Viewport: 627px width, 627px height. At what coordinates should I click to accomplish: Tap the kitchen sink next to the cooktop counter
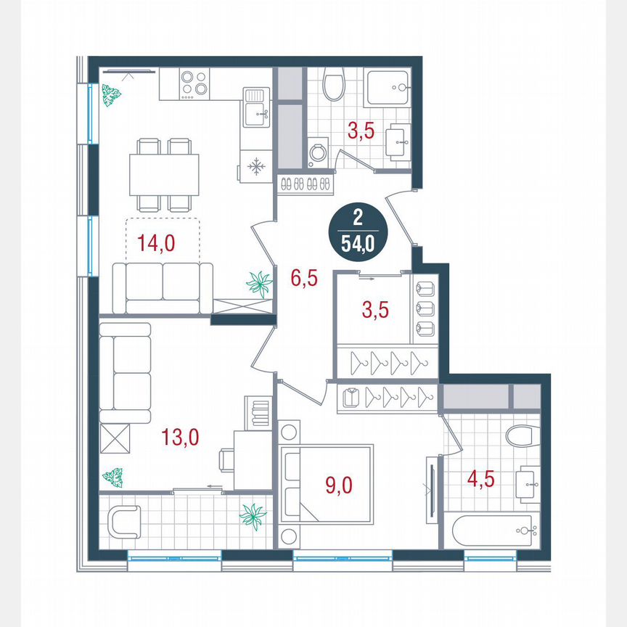click(255, 105)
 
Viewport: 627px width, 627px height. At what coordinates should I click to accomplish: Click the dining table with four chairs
click(164, 174)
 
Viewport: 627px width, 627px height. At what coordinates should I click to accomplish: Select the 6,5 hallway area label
click(303, 277)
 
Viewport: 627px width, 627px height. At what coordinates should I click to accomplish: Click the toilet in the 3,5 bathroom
click(335, 85)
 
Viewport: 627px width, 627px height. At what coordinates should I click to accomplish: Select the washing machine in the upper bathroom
click(318, 153)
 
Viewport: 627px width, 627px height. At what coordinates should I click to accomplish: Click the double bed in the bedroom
click(327, 483)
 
